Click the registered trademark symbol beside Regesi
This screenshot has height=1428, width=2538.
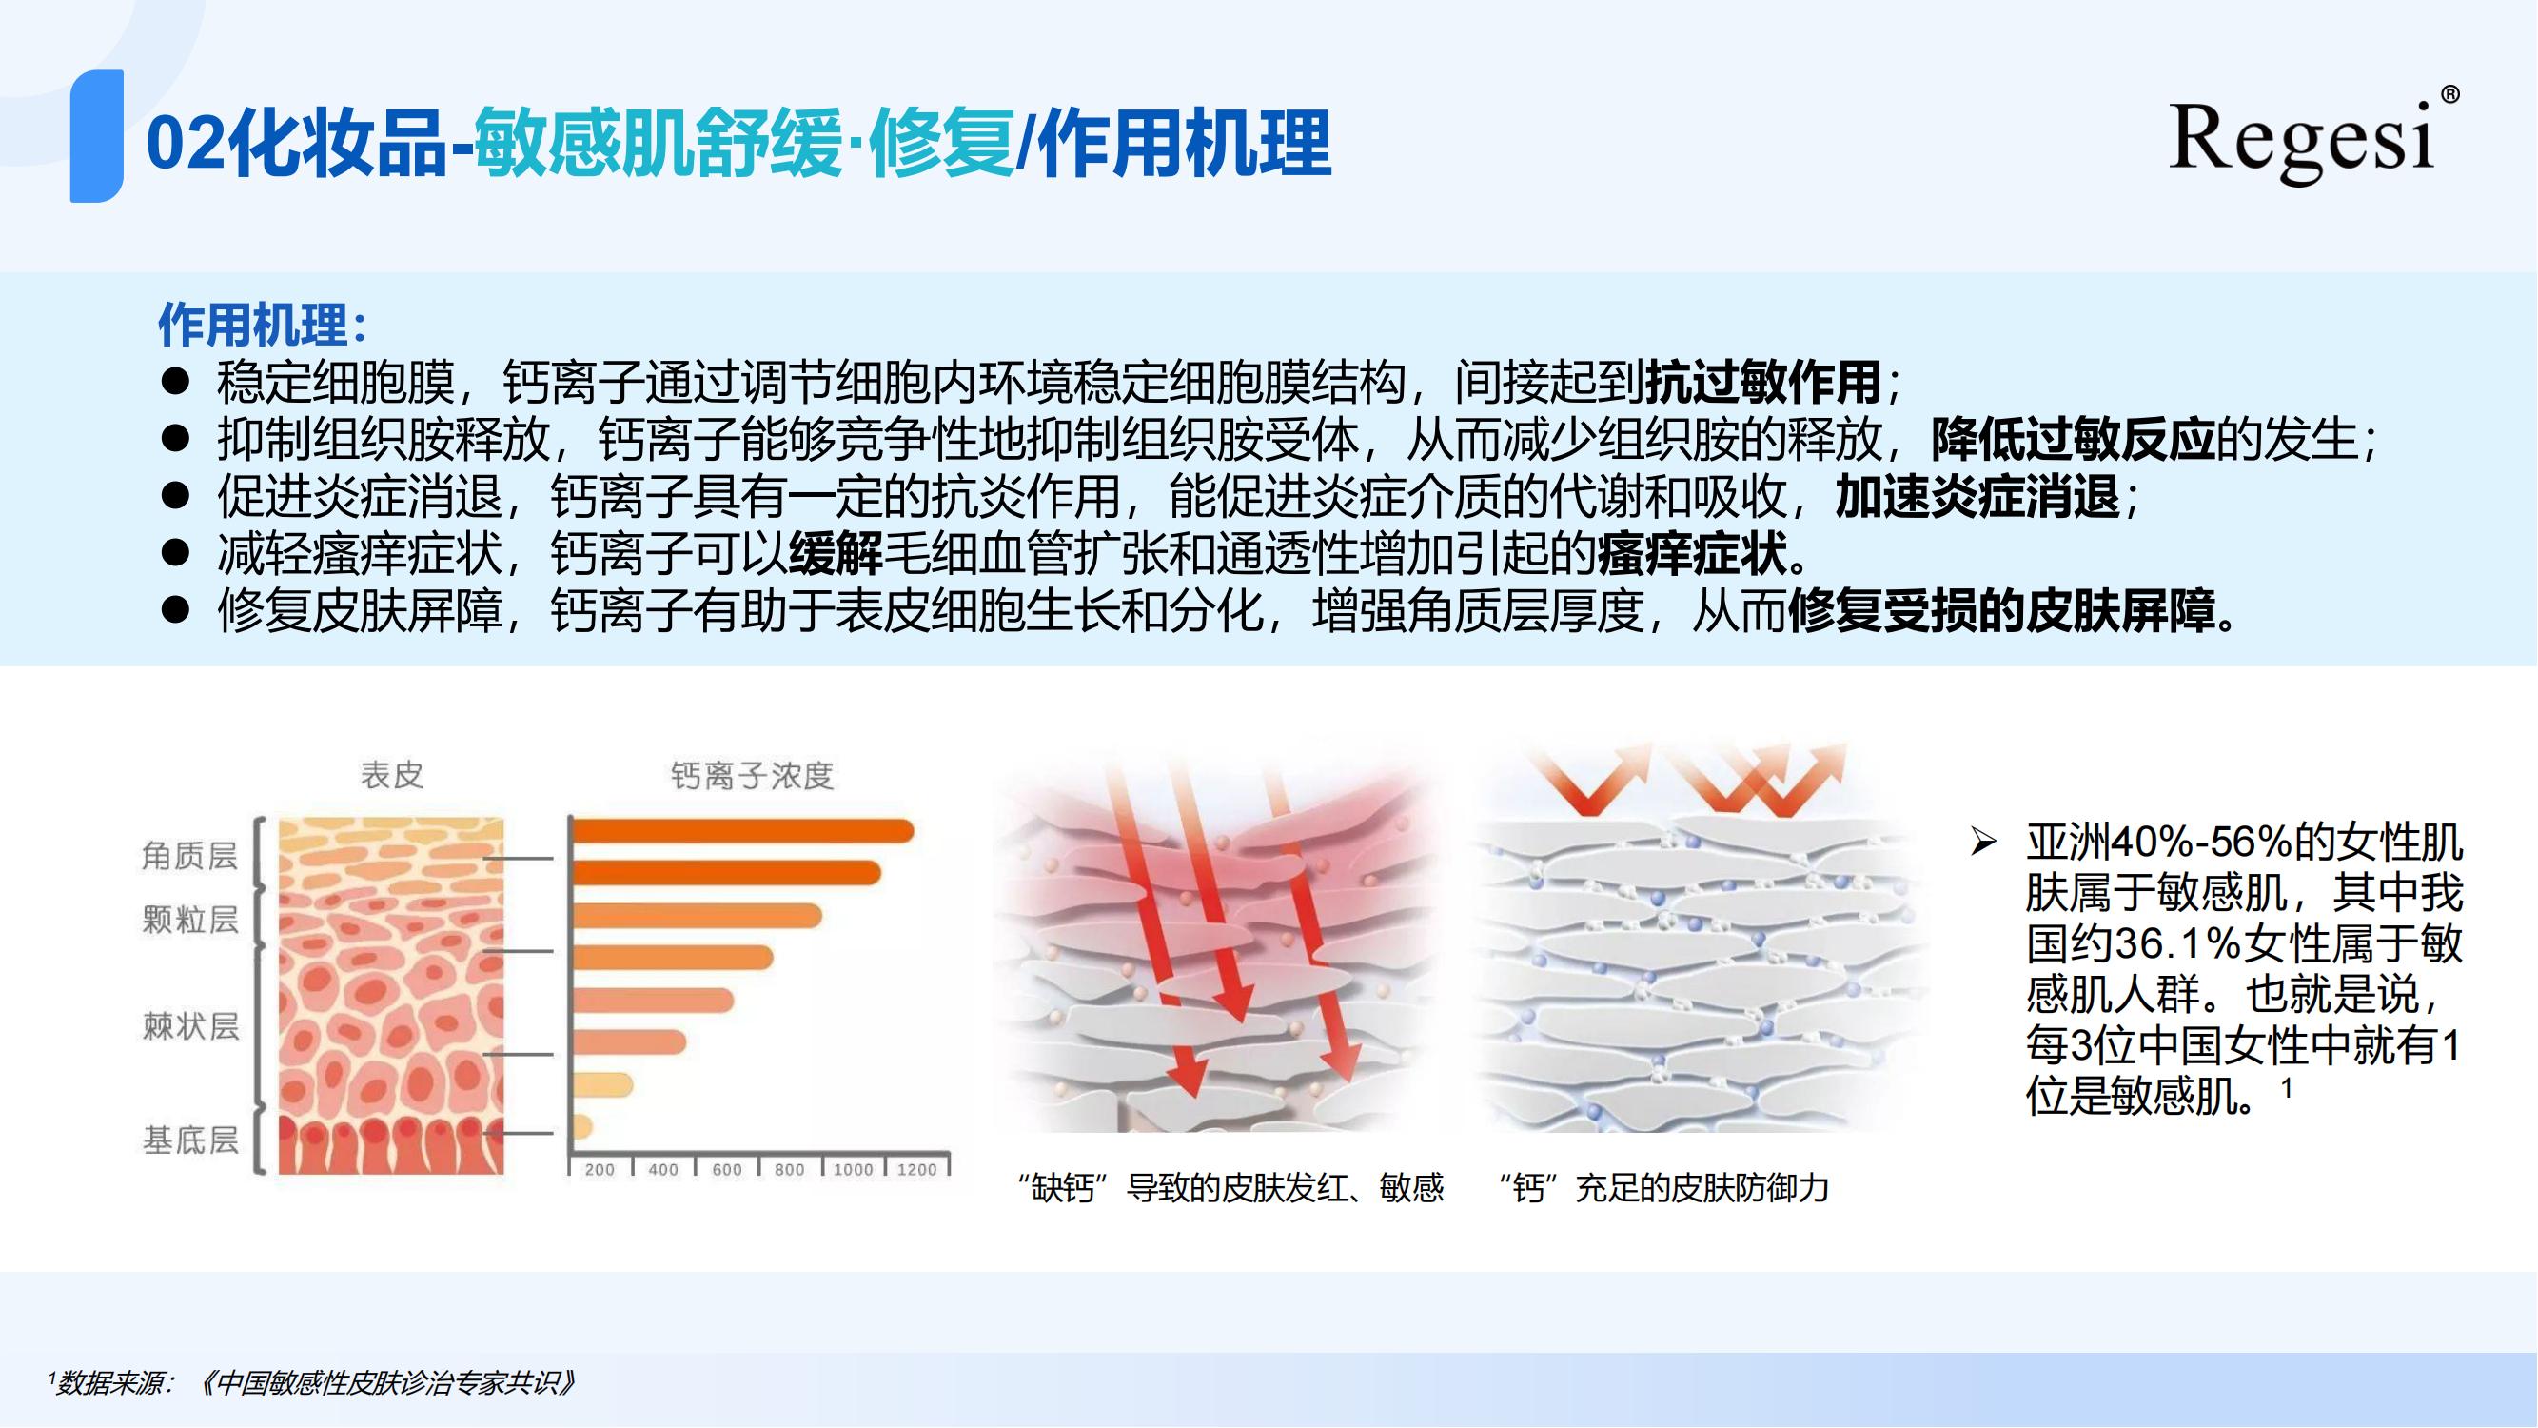coord(2450,94)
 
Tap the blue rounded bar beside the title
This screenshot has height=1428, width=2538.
coord(96,136)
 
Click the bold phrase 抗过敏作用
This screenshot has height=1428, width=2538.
coord(1763,382)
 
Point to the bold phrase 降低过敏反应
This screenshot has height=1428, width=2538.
coord(2073,439)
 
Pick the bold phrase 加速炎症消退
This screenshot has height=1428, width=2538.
coord(1977,496)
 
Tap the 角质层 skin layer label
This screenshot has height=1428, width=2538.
coord(190,856)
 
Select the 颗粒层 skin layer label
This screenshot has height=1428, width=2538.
coord(190,920)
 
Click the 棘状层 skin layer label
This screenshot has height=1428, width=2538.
coord(190,1026)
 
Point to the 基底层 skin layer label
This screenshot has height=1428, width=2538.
coord(190,1140)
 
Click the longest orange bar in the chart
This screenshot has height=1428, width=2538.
coord(743,832)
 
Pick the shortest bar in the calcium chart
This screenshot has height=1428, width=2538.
coord(582,1126)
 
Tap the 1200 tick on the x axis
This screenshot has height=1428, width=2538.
coord(916,1170)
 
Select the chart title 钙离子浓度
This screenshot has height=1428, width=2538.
coord(752,776)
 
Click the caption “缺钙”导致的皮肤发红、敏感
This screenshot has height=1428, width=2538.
coord(1230,1187)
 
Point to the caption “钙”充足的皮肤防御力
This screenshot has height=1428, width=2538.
coord(1663,1187)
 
